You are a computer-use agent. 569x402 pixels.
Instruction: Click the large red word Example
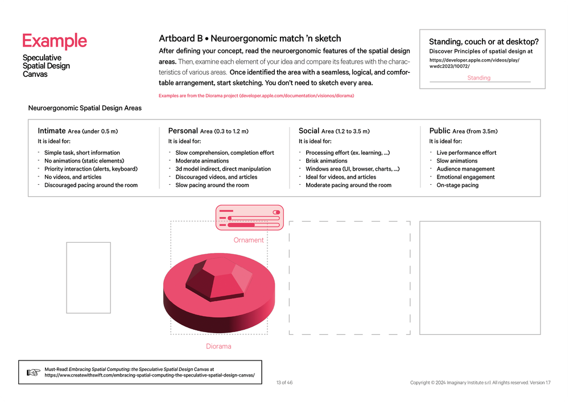coord(55,41)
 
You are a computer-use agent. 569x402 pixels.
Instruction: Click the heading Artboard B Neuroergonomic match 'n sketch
coord(250,39)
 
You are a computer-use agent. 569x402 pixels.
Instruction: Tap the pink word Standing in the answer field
coord(479,78)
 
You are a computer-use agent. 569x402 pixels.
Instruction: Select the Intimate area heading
coord(77,131)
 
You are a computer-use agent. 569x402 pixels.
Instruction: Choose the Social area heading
coord(337,131)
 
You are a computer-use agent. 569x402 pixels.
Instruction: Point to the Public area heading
coord(463,131)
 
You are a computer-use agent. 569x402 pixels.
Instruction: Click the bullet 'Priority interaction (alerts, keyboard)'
coord(91,169)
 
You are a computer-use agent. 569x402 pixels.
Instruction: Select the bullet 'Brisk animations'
coord(326,161)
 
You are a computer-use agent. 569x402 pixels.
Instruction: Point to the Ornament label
coord(249,240)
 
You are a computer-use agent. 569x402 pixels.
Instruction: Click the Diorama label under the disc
coord(218,346)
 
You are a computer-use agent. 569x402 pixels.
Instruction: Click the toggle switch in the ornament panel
coord(277,212)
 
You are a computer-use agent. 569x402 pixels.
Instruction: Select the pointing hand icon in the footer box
coord(33,372)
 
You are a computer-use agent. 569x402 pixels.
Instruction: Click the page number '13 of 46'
coord(284,383)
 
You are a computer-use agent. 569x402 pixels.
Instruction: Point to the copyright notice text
coord(480,383)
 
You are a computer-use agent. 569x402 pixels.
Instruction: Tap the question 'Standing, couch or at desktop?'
coord(484,42)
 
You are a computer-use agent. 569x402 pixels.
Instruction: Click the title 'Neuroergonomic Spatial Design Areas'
coord(85,108)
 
